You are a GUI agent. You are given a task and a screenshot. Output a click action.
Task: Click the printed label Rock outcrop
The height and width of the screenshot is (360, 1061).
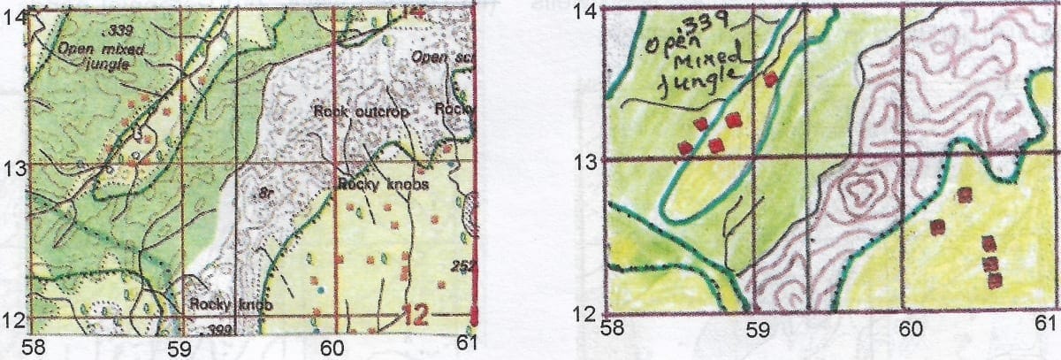coord(358,112)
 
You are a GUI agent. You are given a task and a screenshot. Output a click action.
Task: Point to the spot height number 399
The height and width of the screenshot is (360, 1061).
coord(213,329)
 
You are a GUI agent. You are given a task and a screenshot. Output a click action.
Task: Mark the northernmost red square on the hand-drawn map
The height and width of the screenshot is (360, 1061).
coord(770,80)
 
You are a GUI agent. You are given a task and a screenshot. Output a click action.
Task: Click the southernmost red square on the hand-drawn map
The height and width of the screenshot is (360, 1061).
coord(995,280)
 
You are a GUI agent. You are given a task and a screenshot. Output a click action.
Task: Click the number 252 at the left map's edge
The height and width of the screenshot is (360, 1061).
coord(462,265)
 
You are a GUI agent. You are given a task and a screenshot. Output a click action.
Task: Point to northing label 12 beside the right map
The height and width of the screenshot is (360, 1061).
coord(585,312)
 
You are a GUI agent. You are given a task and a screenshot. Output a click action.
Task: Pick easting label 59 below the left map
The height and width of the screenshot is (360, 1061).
coord(179,347)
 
